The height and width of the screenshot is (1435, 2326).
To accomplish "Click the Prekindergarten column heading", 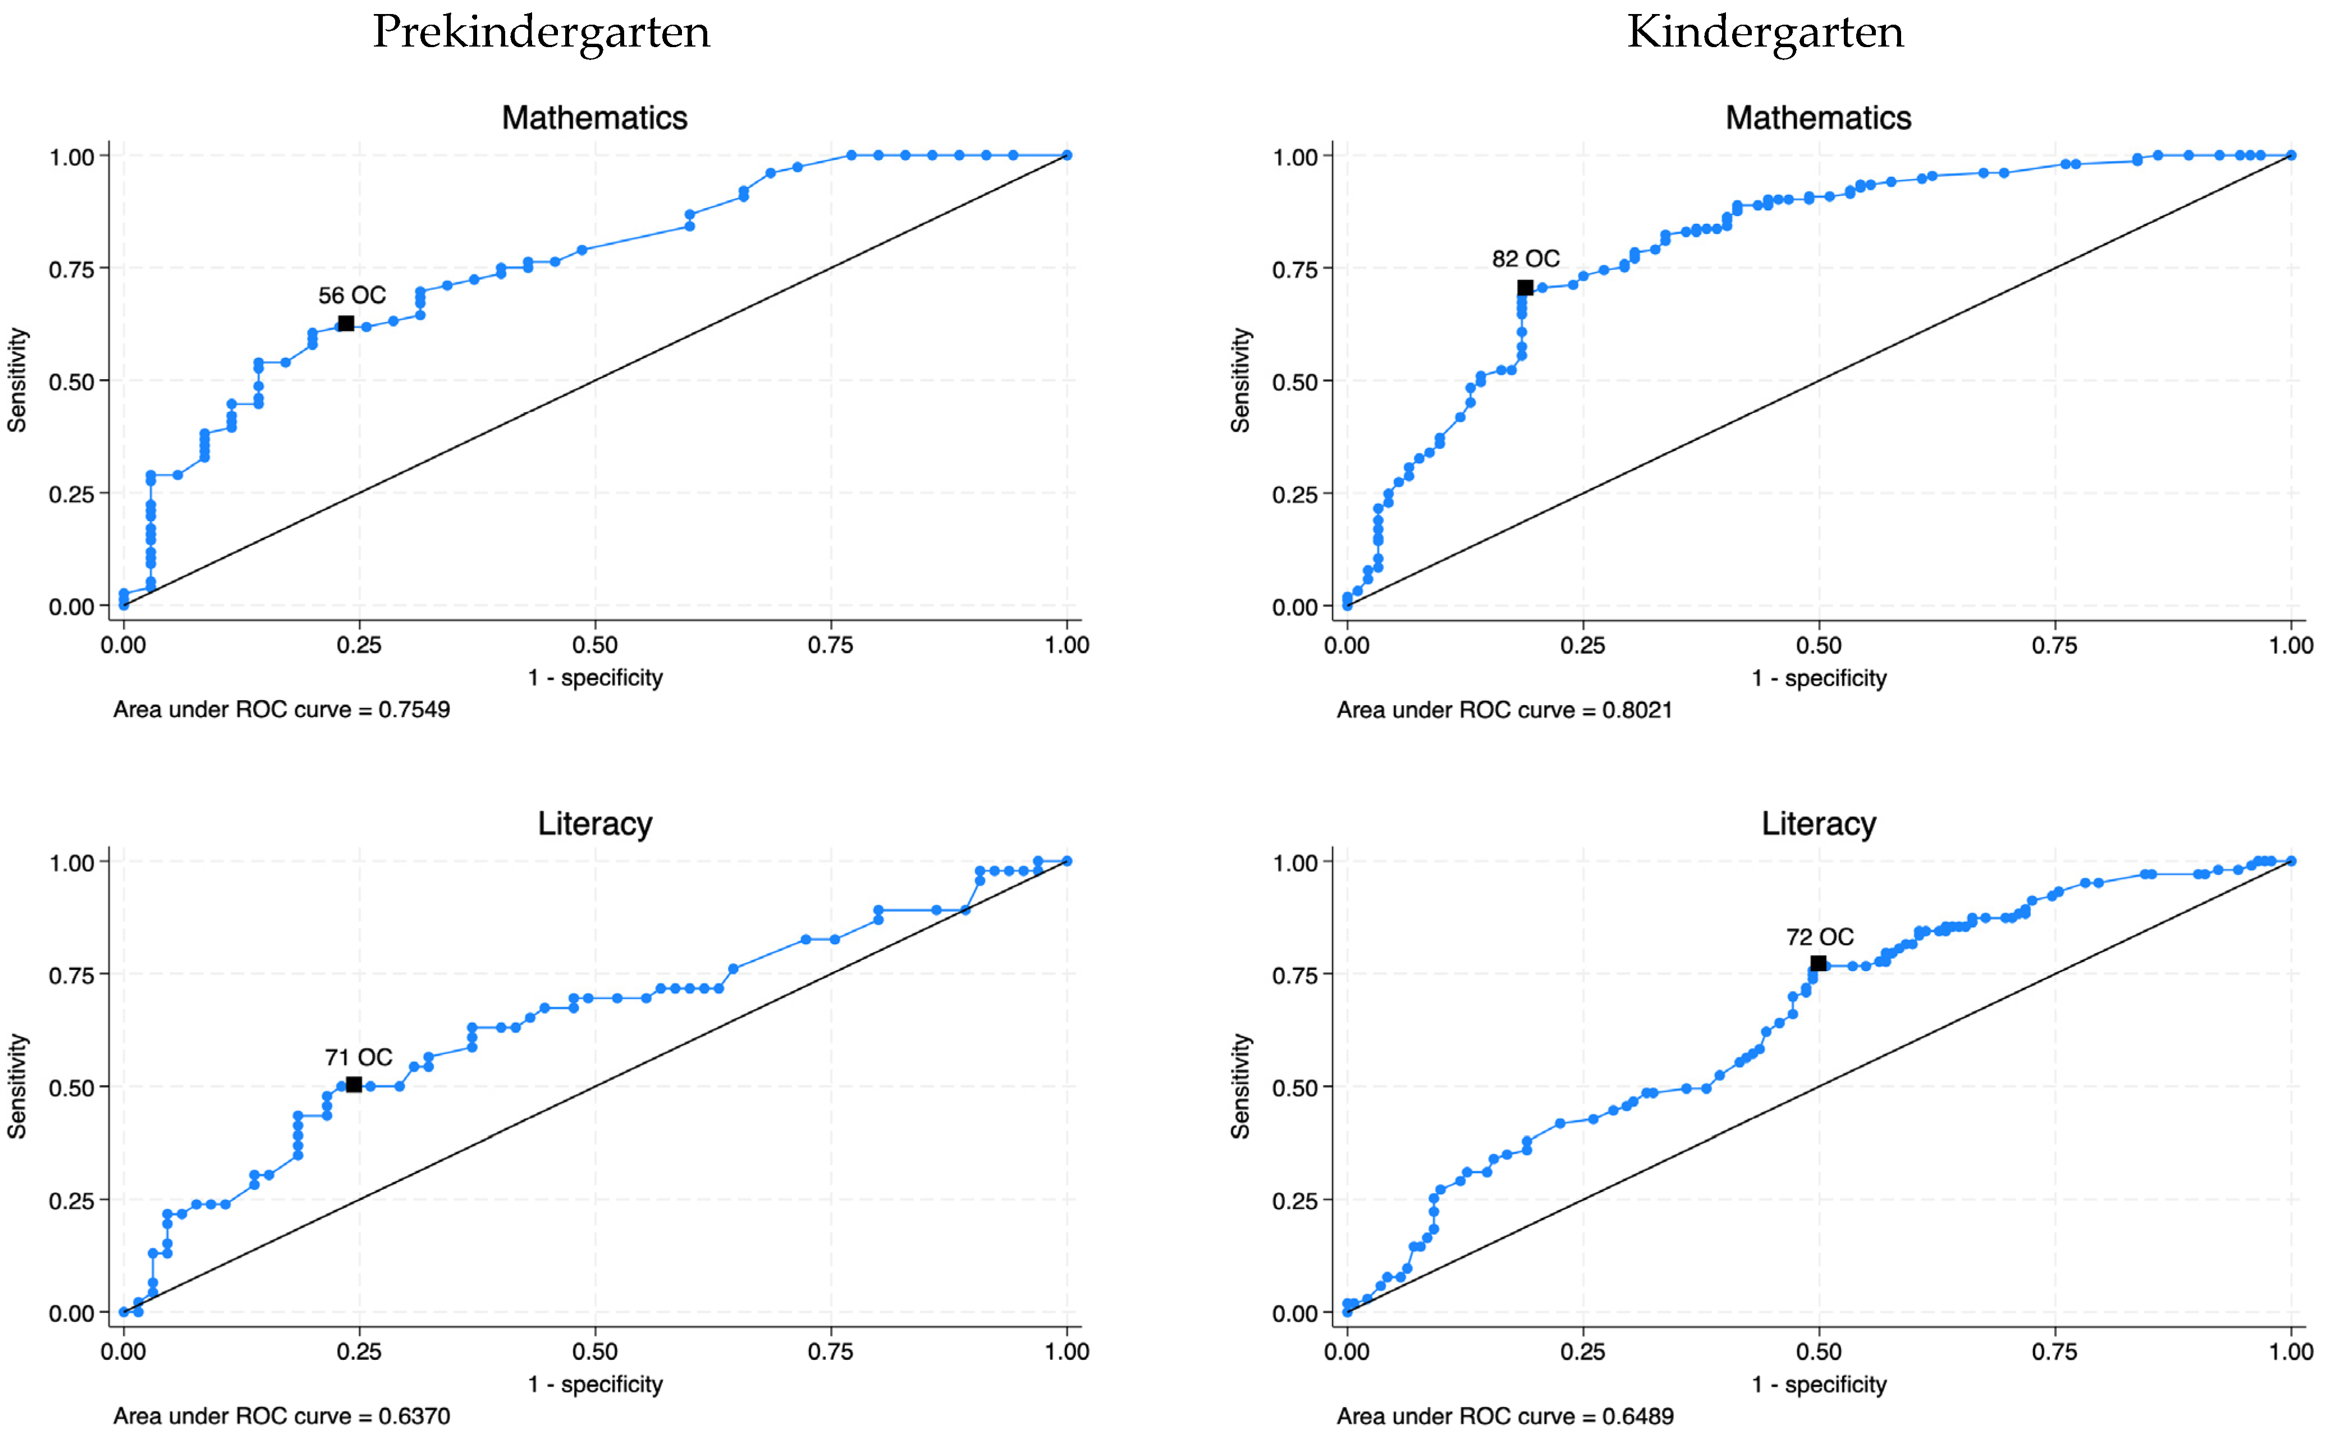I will (541, 33).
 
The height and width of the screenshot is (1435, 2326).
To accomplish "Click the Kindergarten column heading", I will (1765, 33).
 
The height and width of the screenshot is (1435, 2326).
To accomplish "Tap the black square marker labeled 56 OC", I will (346, 324).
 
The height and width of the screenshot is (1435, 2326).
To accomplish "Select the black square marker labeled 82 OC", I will (1524, 288).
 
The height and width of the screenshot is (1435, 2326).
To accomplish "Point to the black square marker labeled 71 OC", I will (353, 1084).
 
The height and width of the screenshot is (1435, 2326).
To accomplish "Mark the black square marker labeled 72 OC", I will (1817, 963).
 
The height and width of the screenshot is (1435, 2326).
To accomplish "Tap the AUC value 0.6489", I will (1638, 1416).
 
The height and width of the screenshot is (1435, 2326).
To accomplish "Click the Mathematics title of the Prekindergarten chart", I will (594, 118).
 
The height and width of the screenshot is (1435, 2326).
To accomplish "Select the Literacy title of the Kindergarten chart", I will (1818, 824).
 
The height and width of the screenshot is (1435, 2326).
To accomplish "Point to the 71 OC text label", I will (358, 1057).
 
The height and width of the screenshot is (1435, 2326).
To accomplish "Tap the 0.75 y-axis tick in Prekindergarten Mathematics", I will (72, 269).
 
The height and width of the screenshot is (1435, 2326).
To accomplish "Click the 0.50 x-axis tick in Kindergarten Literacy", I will (1818, 1351).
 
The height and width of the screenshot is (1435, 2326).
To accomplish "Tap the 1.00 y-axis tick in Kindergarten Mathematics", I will (1295, 157).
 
